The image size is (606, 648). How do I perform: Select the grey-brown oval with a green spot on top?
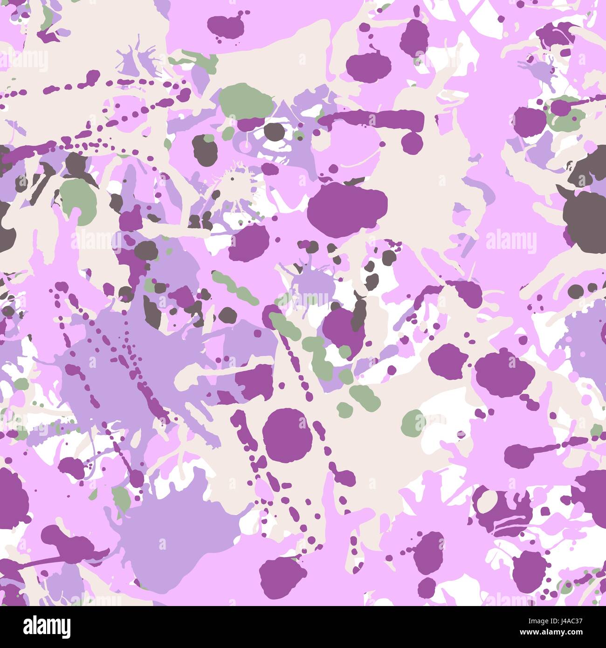(x=206, y=149)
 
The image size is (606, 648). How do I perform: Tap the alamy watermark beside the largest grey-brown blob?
(x=511, y=241)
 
